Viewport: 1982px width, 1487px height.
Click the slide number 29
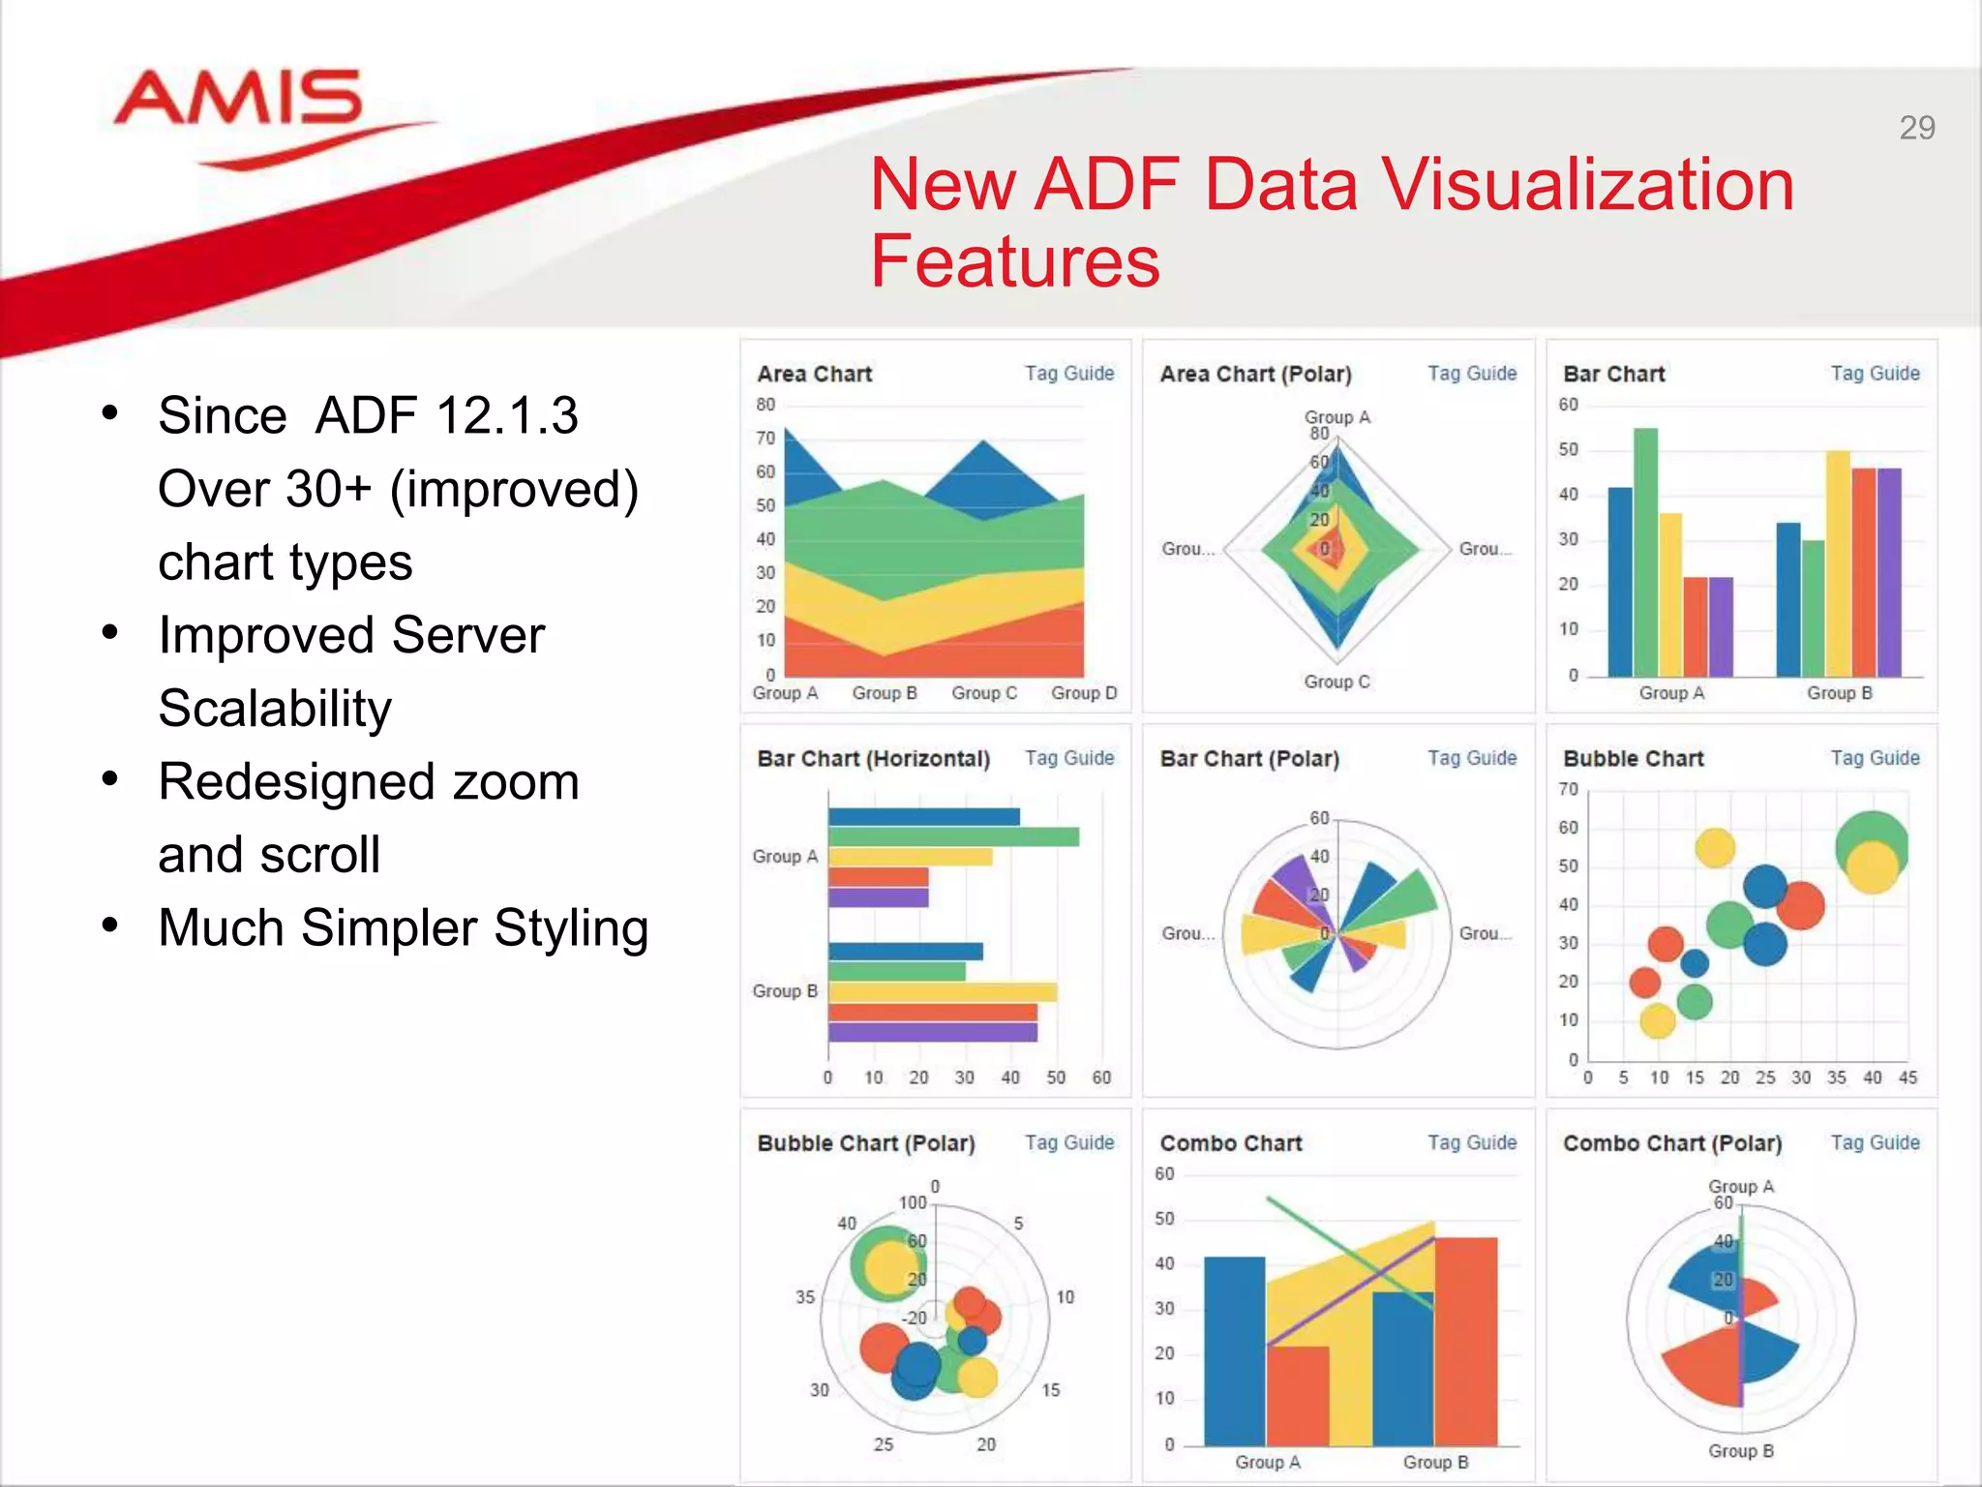click(x=1916, y=128)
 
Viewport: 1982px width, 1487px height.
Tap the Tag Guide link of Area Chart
click(x=1068, y=373)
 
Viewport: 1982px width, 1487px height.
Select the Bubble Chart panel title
click(x=1633, y=758)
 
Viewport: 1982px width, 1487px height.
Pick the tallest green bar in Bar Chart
click(x=1645, y=552)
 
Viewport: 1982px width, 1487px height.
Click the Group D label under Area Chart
click(x=1084, y=693)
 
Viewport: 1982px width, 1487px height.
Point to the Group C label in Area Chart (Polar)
click(x=1336, y=682)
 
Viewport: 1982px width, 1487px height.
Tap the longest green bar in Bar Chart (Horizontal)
click(x=953, y=836)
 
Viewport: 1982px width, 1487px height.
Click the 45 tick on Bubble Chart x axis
click(x=1907, y=1077)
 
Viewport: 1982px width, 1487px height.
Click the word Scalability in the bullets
click(x=275, y=708)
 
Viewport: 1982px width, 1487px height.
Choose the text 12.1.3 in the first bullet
click(x=506, y=415)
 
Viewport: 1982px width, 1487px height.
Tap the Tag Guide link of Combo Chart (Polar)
click(x=1875, y=1142)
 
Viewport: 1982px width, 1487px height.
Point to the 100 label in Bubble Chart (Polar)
click(x=913, y=1202)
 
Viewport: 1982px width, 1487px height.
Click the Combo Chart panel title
click(x=1230, y=1143)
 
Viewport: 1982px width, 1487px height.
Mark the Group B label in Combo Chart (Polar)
click(x=1740, y=1450)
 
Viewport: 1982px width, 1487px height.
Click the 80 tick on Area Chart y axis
click(x=766, y=405)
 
